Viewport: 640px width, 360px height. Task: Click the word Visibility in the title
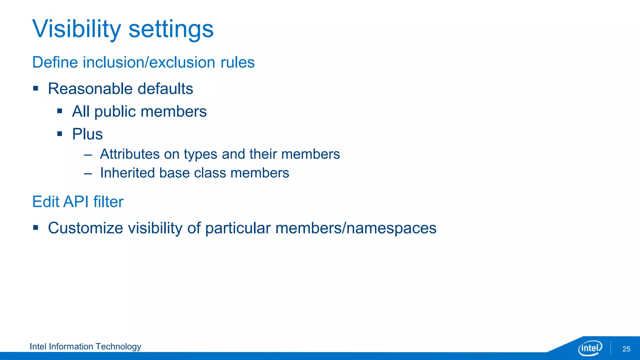point(77,29)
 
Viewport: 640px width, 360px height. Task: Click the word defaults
point(165,89)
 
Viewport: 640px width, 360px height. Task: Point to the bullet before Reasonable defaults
point(36,88)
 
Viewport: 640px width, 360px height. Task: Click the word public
point(117,112)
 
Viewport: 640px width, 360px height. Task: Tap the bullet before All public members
point(60,111)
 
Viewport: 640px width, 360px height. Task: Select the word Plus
point(87,134)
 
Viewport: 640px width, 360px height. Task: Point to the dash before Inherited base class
point(88,173)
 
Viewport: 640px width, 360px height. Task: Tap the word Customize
point(85,228)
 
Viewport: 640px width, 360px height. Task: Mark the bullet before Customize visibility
point(36,228)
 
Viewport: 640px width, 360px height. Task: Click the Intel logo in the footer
point(590,348)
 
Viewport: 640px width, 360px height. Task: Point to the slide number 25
point(626,349)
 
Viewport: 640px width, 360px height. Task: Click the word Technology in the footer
point(118,347)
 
